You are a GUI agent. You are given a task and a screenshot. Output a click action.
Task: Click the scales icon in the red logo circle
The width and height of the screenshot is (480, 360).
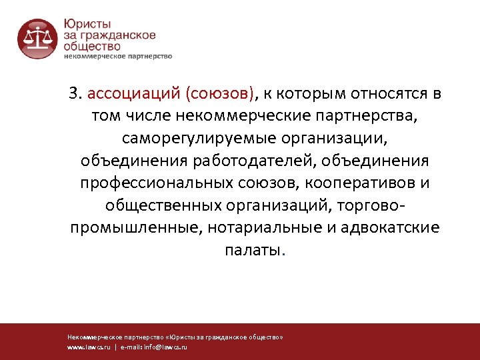tap(36, 37)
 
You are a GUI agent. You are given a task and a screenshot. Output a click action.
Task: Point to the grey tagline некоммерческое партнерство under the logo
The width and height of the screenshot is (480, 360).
tap(118, 56)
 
